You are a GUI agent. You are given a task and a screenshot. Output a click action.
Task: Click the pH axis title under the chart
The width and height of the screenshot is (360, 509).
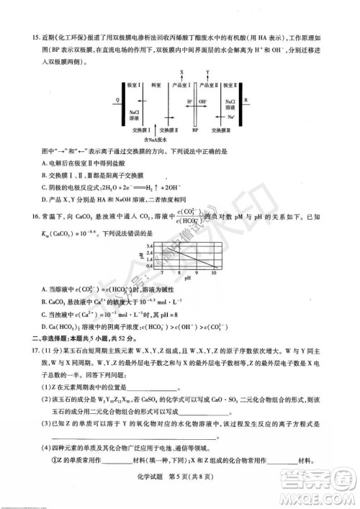coord(187,279)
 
